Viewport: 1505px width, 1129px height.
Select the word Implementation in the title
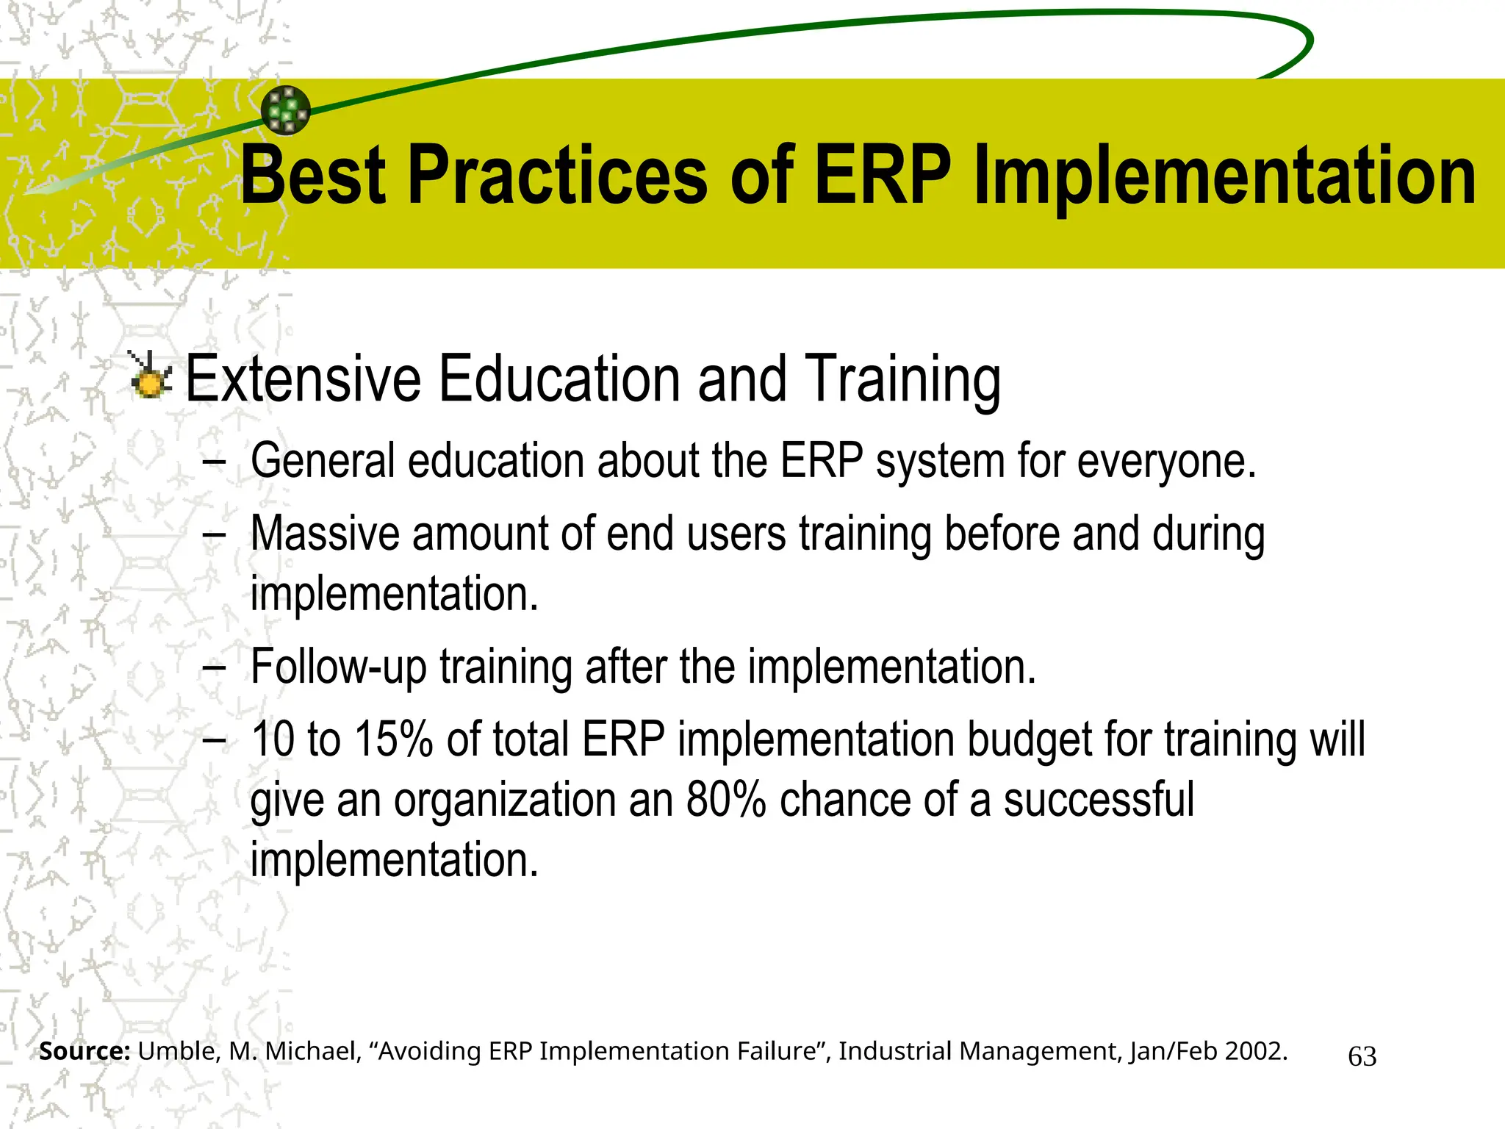(x=1224, y=176)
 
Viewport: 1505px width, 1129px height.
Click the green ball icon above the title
(x=286, y=110)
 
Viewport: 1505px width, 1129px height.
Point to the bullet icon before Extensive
(x=151, y=376)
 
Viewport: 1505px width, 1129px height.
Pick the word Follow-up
(x=339, y=667)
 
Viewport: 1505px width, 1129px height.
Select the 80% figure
(x=726, y=800)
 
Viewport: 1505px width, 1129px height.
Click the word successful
(x=1099, y=800)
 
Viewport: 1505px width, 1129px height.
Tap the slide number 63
(x=1362, y=1056)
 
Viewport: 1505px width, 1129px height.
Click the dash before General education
(x=214, y=462)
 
